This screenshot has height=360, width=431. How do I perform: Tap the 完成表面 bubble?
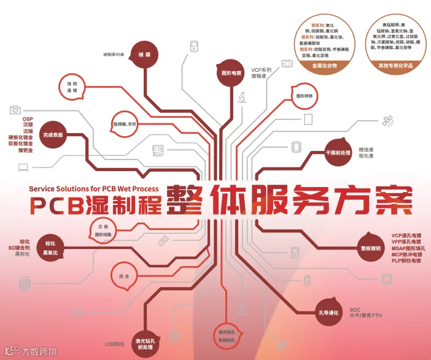53,134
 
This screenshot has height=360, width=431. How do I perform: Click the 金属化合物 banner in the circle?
325,64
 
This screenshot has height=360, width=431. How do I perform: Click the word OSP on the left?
27,118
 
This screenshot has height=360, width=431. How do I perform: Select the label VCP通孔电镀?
406,235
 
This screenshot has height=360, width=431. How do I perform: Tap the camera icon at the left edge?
15,110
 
